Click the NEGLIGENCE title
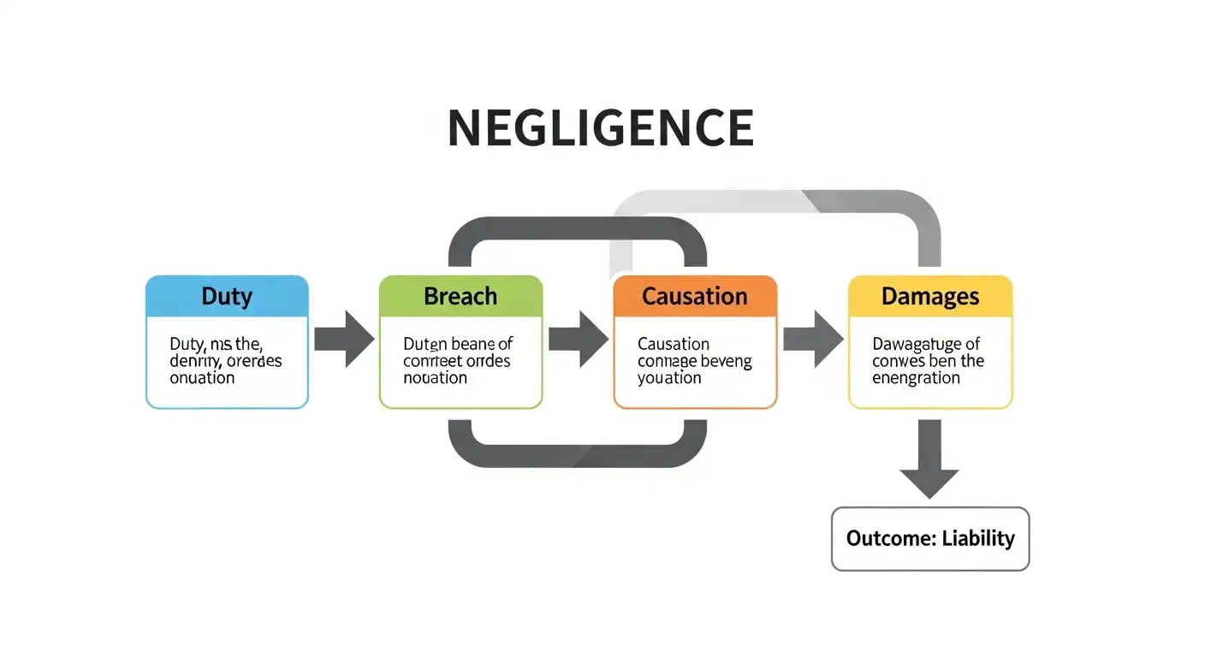click(601, 128)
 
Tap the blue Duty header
click(227, 297)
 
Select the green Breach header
click(460, 297)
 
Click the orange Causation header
click(695, 297)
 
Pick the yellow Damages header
click(930, 297)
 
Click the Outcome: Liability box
click(930, 539)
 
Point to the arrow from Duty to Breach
click(344, 339)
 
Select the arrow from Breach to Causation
click(579, 339)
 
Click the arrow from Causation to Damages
click(813, 339)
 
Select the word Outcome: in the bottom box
click(890, 539)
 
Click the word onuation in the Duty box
click(202, 377)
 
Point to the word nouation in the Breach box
click(435, 377)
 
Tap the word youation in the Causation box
click(669, 377)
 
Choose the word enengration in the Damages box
click(916, 377)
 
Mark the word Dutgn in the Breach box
click(425, 344)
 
